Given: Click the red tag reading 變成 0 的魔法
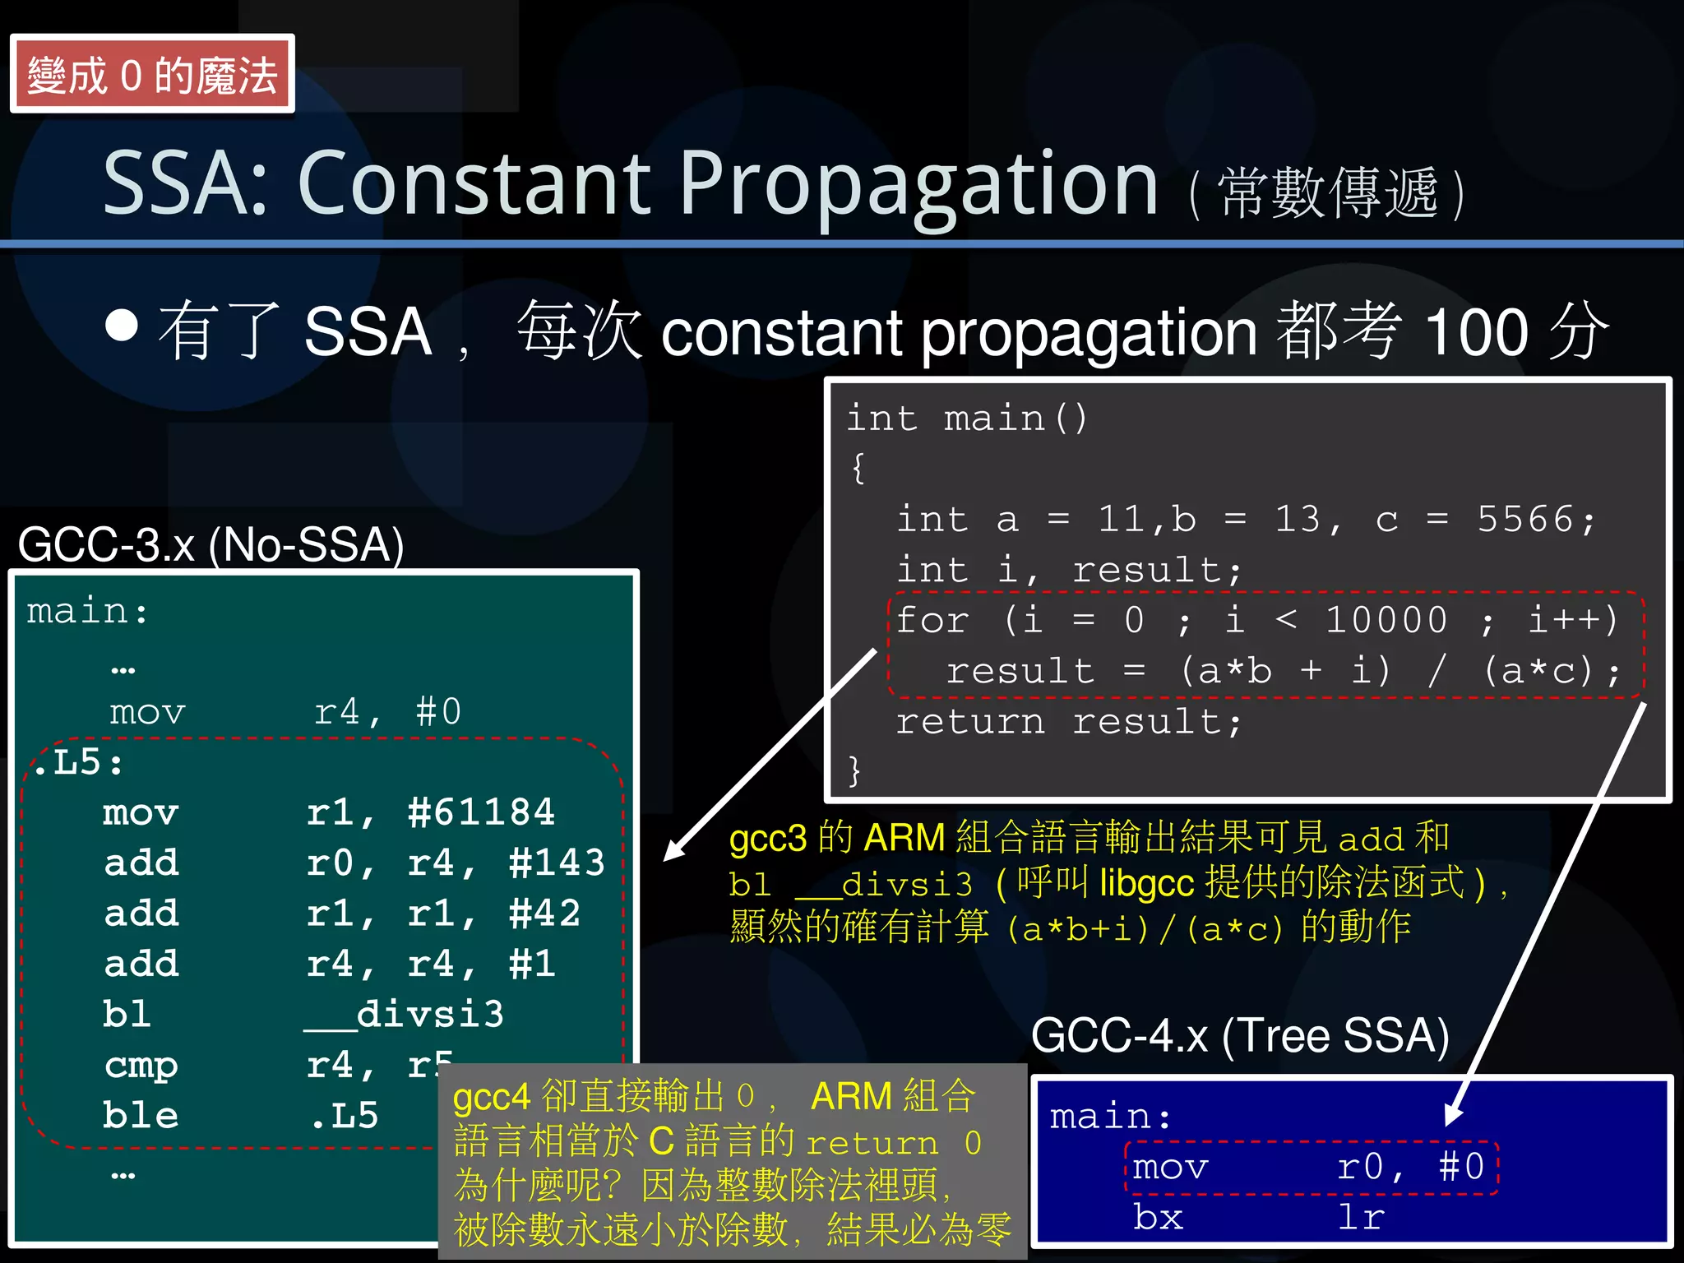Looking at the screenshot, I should (x=152, y=74).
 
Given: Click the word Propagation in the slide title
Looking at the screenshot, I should (x=918, y=185).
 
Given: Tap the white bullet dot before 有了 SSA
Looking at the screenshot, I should (x=122, y=326).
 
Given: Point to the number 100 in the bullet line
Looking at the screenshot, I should (x=1476, y=332).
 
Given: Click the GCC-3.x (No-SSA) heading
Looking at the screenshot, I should (x=210, y=544).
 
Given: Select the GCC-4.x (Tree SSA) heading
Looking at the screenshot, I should (x=1239, y=1035).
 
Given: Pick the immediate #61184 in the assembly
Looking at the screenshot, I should (x=481, y=812).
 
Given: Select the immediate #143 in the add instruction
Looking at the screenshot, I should (x=557, y=863).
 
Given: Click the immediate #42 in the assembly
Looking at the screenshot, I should (x=544, y=914).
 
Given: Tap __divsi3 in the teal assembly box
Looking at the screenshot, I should (x=404, y=1015).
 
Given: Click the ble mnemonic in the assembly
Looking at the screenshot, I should (x=141, y=1116).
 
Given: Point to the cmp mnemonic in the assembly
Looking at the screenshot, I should (x=141, y=1066).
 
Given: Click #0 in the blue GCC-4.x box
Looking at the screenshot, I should (x=1461, y=1167).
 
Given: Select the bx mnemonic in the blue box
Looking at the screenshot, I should (x=1158, y=1217).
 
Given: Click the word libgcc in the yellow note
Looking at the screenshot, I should (x=1146, y=884).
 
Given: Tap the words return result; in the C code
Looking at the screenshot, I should (x=1068, y=722).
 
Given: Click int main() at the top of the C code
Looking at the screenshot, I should (x=967, y=419).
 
